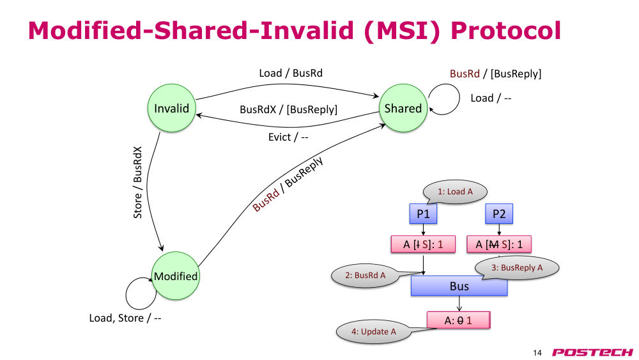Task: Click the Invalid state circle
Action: click(171, 108)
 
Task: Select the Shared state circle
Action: click(403, 108)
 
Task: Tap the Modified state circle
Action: click(176, 276)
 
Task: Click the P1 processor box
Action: click(423, 214)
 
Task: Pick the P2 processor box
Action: click(499, 214)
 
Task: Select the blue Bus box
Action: click(459, 286)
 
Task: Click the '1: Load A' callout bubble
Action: click(455, 192)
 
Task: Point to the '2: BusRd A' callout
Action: click(365, 276)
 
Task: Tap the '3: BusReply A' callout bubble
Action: click(517, 267)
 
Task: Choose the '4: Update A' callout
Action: click(373, 331)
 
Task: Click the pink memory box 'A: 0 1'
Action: click(458, 320)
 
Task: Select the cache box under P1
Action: click(423, 244)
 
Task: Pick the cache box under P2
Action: click(499, 244)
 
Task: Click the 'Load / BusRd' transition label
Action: click(291, 73)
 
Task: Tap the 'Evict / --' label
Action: click(288, 137)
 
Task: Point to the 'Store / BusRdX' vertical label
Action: click(138, 182)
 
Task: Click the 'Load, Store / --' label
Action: click(125, 318)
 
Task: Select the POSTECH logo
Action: click(592, 352)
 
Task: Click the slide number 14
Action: click(537, 353)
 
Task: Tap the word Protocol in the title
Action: click(505, 30)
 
